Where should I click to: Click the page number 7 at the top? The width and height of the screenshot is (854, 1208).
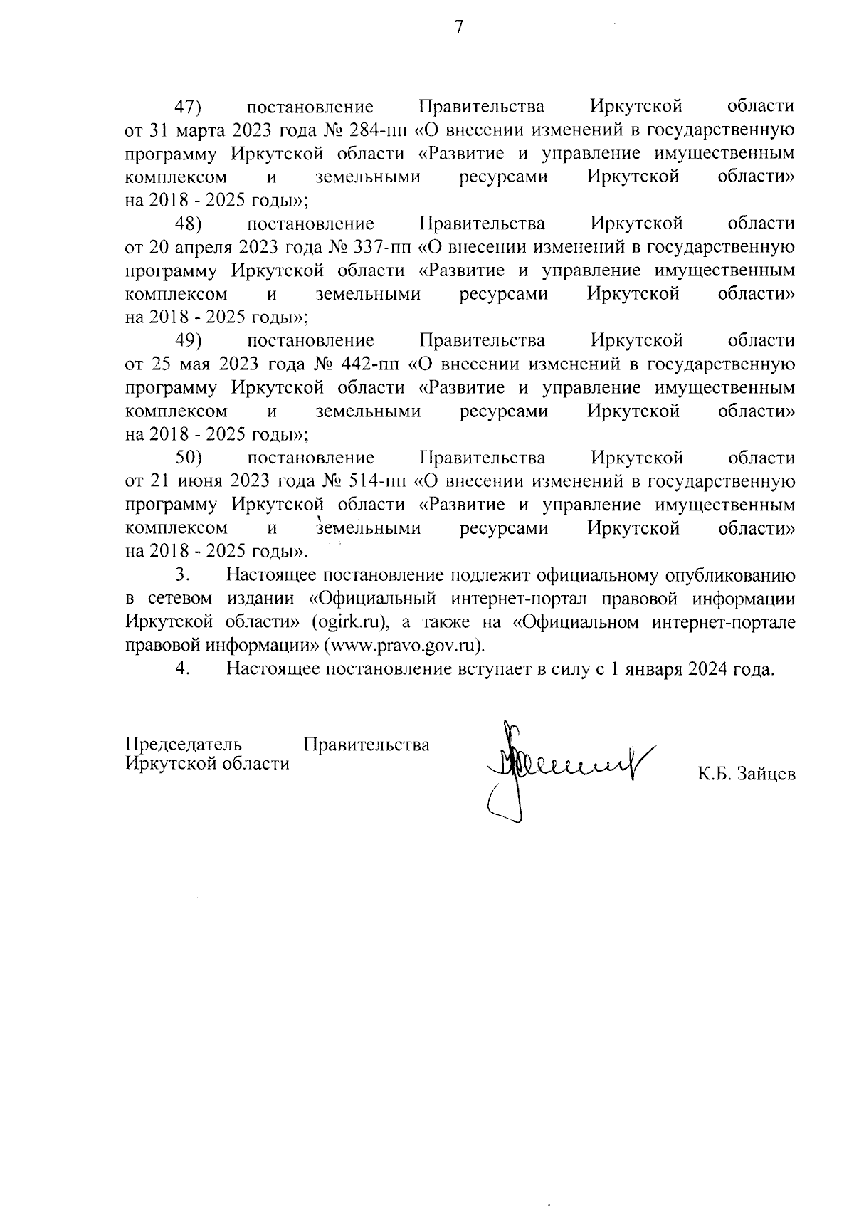click(459, 28)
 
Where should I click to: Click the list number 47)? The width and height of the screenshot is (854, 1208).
click(189, 107)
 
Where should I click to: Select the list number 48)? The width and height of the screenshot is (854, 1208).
click(189, 224)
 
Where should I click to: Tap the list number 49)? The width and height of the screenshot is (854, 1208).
click(189, 340)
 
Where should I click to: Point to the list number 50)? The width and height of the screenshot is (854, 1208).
click(189, 457)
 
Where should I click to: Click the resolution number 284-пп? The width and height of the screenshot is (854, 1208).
click(378, 130)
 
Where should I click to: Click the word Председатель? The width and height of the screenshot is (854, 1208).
click(183, 745)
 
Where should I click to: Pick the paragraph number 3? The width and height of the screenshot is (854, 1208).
click(183, 574)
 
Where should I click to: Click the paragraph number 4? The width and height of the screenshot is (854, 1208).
click(183, 668)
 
